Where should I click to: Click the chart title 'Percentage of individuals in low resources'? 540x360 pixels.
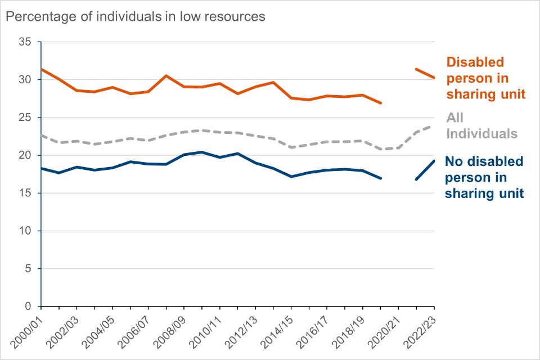135,17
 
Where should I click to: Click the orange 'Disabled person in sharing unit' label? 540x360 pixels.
485,78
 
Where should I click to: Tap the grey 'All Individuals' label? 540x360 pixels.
481,125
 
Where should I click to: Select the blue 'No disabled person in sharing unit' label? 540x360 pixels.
484,177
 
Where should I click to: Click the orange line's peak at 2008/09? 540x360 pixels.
166,75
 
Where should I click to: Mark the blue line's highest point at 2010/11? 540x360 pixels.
202,152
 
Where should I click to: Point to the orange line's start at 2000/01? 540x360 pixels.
41,69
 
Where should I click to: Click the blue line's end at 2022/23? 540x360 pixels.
434,161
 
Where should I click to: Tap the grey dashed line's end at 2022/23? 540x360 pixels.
434,126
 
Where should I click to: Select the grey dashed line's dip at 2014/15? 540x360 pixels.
291,147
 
